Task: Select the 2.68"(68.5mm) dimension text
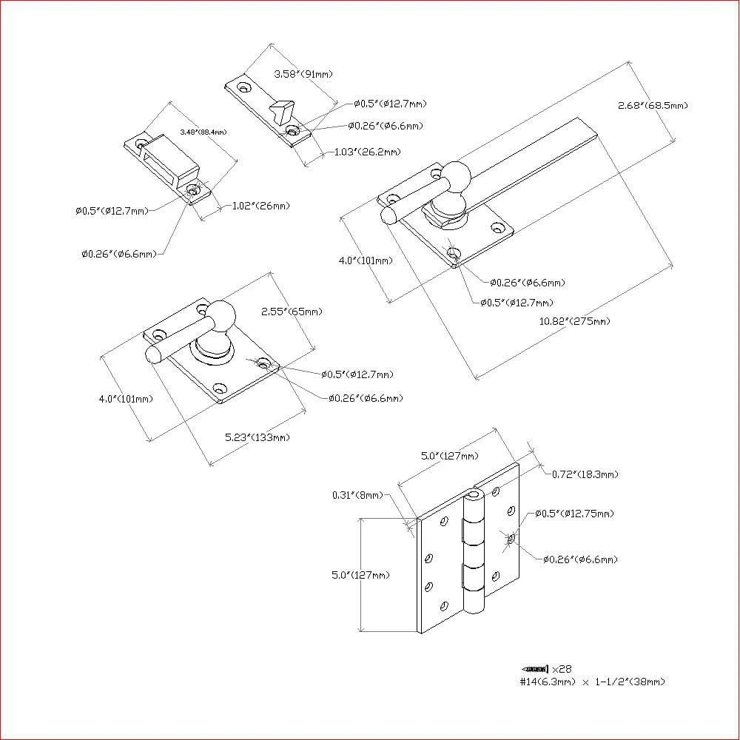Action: coord(653,106)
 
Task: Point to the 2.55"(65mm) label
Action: coord(292,312)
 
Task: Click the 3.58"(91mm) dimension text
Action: coord(303,74)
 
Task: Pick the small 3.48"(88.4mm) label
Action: coord(203,132)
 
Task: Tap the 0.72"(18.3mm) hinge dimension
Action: coord(585,474)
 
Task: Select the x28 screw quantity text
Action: coord(562,667)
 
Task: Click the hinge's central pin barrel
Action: coord(472,551)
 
